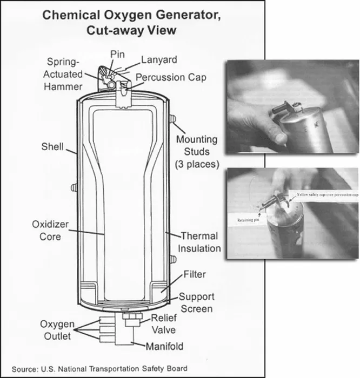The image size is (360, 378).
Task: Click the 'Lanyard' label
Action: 158,59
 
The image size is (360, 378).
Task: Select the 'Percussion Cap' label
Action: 170,77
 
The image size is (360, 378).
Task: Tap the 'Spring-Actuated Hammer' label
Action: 64,73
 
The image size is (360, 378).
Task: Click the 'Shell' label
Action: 52,146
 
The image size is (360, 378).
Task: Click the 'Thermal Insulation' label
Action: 199,242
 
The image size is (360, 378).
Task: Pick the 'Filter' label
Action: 195,274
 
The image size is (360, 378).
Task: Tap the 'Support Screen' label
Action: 196,302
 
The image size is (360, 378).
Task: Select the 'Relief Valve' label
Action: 163,323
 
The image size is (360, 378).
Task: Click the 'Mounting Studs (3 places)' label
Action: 197,151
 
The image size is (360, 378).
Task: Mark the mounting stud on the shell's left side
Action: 74,187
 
